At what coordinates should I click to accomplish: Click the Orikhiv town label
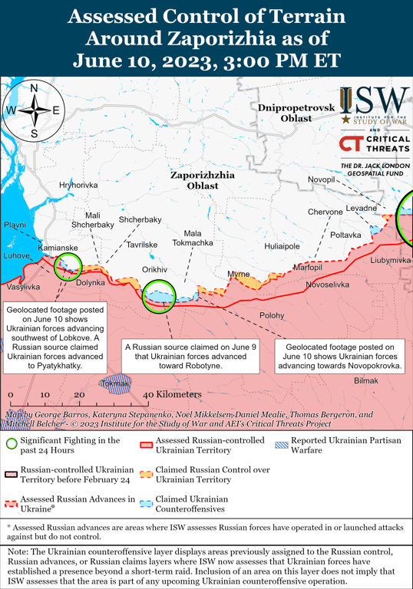coord(155,270)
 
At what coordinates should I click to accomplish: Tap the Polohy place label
coord(271,315)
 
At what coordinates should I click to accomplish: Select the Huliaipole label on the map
coord(282,246)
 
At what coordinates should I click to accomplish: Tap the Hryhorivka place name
coord(78,186)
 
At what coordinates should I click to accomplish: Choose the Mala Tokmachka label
coord(193,238)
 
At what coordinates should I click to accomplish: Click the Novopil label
coord(322,179)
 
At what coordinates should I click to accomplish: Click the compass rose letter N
coord(35,87)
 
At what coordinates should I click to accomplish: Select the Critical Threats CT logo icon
coord(350,143)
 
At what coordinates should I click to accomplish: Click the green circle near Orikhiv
coord(160,295)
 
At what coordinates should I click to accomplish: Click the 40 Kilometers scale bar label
coord(173,394)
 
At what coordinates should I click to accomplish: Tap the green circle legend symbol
coord(11,444)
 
